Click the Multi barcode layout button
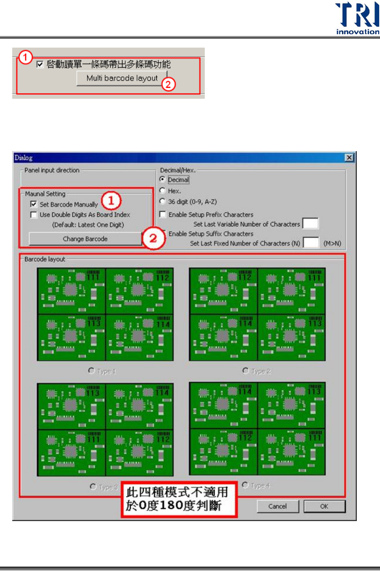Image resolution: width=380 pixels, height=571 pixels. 122,78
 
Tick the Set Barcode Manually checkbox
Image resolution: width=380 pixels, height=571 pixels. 33,204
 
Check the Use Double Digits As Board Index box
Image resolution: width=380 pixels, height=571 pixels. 33,215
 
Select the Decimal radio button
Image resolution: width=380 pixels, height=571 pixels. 162,179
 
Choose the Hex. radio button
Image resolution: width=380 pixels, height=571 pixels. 162,190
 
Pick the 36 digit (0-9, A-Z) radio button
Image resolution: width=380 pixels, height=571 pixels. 162,201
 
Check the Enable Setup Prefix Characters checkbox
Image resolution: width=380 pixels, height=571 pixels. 162,214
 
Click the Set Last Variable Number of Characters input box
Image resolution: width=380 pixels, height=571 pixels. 310,224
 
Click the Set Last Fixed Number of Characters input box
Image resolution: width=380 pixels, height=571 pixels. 311,243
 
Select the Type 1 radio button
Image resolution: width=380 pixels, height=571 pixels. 91,371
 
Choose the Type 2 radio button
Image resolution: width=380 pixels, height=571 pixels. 246,371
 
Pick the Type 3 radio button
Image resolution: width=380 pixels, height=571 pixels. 93,487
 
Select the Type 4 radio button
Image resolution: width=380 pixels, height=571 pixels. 245,485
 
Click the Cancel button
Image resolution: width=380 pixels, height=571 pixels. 278,506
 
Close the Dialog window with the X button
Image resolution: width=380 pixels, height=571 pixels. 349,158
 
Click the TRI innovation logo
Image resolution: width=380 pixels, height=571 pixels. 357,18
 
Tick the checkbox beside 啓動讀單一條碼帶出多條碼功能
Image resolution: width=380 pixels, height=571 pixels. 40,64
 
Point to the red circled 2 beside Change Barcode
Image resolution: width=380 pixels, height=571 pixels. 153,238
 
